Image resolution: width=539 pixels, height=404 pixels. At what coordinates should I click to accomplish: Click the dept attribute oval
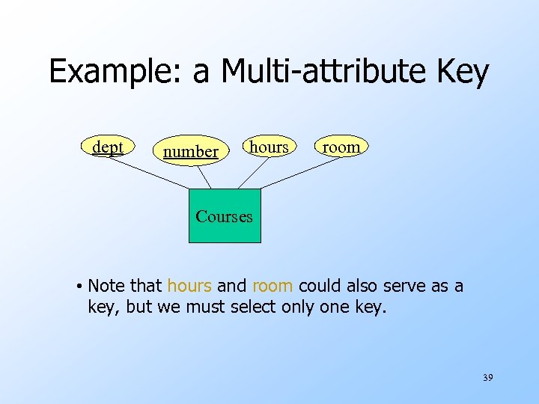click(107, 147)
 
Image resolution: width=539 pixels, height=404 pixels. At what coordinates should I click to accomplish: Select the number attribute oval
click(191, 151)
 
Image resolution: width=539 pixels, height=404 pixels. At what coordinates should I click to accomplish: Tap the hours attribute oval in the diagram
click(269, 147)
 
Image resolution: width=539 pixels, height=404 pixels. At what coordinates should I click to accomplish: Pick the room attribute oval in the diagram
click(341, 147)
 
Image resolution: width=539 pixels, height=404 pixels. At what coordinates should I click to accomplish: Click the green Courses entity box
click(225, 216)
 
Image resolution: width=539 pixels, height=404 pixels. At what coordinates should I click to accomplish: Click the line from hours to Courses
click(252, 174)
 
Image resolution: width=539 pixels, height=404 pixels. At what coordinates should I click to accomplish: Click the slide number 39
click(487, 379)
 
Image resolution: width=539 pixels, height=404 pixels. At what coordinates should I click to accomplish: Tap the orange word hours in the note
click(190, 286)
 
